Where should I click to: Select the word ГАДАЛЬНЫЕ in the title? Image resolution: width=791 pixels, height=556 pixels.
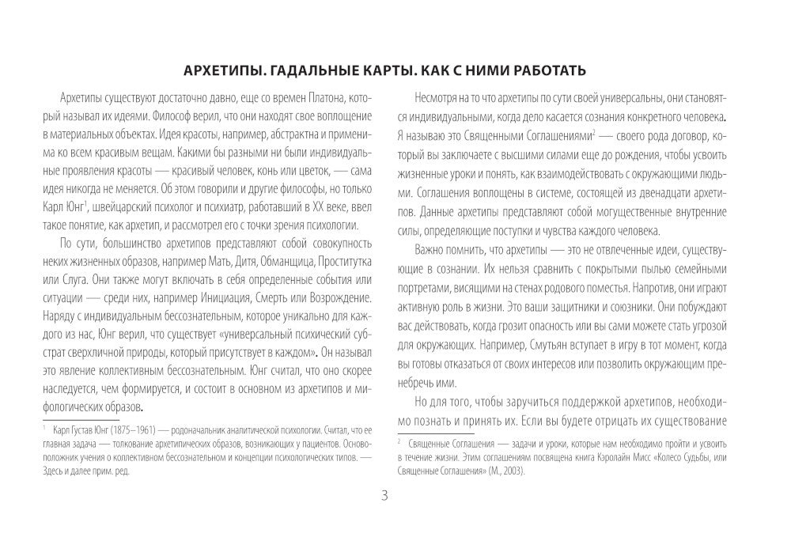pyautogui.click(x=327, y=71)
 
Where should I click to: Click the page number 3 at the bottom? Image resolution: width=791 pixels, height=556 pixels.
pyautogui.click(x=384, y=497)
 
